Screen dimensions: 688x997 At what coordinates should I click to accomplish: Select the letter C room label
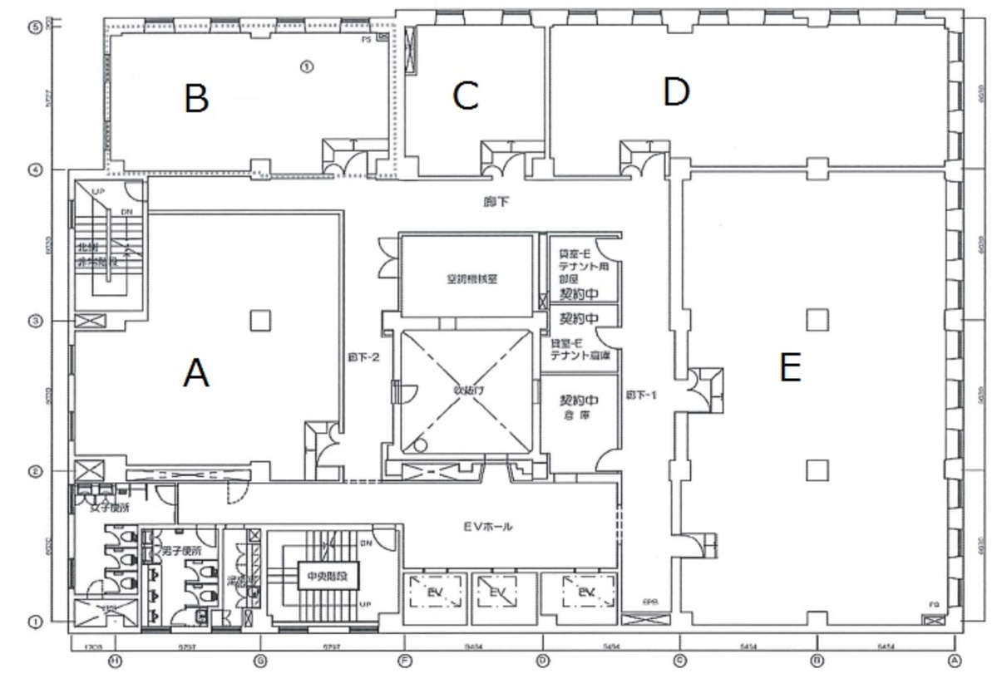point(465,96)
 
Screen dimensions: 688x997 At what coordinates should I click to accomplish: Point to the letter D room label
point(676,92)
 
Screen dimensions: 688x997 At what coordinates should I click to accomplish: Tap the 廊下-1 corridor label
point(642,396)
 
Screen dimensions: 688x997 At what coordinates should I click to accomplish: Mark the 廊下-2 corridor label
point(363,358)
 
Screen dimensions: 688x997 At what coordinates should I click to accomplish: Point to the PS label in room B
point(366,39)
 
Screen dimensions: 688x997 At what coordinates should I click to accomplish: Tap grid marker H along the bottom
point(116,661)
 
